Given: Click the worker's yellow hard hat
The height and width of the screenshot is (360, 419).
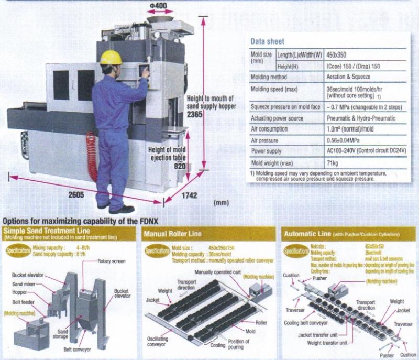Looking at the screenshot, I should [111, 57].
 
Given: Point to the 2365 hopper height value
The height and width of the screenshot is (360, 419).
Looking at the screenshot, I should [194, 114].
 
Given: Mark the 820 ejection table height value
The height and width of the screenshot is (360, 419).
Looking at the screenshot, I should [179, 166].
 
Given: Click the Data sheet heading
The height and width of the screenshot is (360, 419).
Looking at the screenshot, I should [267, 41].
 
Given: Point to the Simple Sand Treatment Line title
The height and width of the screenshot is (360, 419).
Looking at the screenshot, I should [47, 231].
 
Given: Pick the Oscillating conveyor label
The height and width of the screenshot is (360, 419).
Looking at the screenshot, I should [158, 341].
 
